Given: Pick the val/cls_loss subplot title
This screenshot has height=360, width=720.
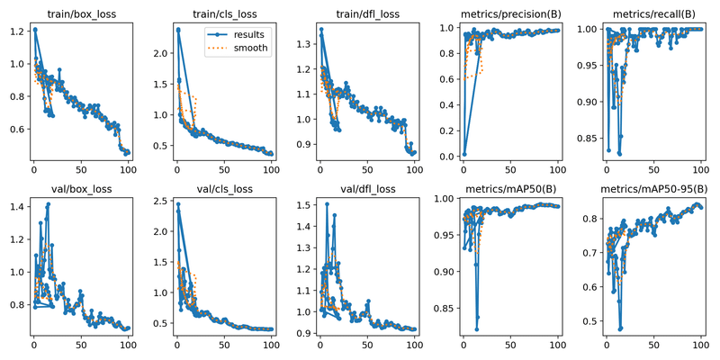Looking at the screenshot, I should pos(224,188).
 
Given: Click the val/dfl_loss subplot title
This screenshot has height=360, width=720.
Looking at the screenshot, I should pos(367,188).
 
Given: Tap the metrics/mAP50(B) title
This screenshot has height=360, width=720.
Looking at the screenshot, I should pos(510,188).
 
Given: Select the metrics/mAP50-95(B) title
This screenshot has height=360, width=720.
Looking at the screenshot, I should pos(654,188).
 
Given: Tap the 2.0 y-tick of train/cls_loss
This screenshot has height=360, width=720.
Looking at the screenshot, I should pos(159,54).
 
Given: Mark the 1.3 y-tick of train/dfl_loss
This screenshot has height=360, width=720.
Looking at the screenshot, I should pos(302,44).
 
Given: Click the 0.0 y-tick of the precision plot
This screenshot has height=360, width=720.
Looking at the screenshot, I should pos(446,157).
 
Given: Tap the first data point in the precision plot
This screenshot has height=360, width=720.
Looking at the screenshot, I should pos(462,154).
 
